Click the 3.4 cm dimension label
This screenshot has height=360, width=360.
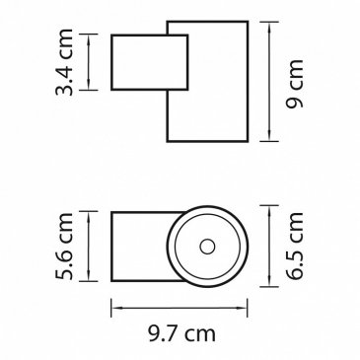pos(64,62)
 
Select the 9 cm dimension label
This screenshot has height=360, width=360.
pos(294,84)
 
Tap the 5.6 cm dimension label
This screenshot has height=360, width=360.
pos(64,247)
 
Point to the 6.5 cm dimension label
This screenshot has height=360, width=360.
pos(294,246)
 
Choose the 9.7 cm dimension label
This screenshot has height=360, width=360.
pos(181,334)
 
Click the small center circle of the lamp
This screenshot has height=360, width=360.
pos(207,247)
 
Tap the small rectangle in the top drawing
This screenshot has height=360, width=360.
pos(150,62)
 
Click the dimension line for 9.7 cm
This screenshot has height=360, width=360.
pos(180,308)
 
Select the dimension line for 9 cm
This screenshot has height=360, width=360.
pos(269,82)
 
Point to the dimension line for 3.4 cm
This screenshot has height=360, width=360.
pos(89,62)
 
